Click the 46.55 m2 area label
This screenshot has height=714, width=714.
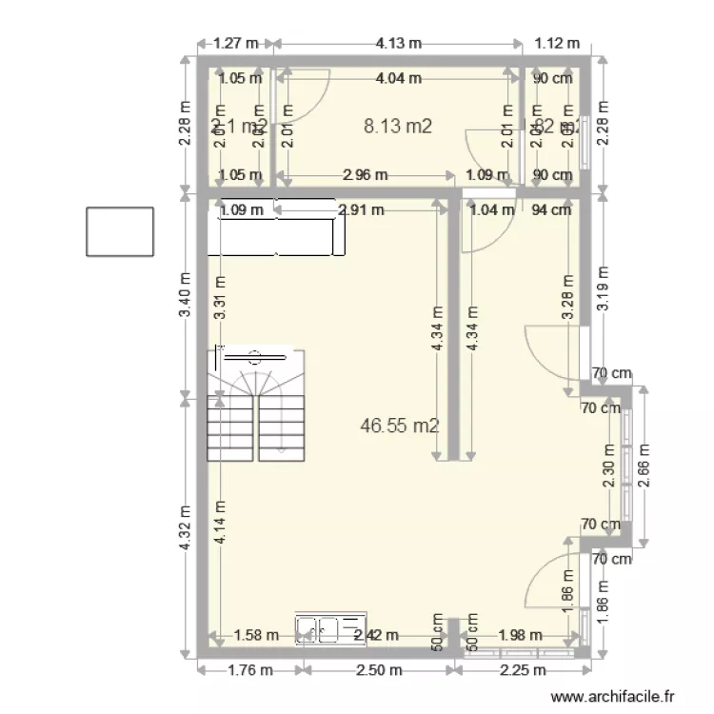point(400,426)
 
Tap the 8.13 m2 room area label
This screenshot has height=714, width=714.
point(399,125)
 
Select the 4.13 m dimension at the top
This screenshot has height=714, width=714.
point(399,43)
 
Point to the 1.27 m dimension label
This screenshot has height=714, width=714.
point(236,43)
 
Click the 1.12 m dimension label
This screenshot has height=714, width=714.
point(557,43)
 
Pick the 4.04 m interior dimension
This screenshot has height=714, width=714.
point(399,79)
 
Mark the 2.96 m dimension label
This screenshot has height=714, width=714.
point(365,174)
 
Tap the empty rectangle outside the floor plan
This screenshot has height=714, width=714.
point(119,231)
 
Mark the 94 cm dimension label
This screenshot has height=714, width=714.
point(551,209)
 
